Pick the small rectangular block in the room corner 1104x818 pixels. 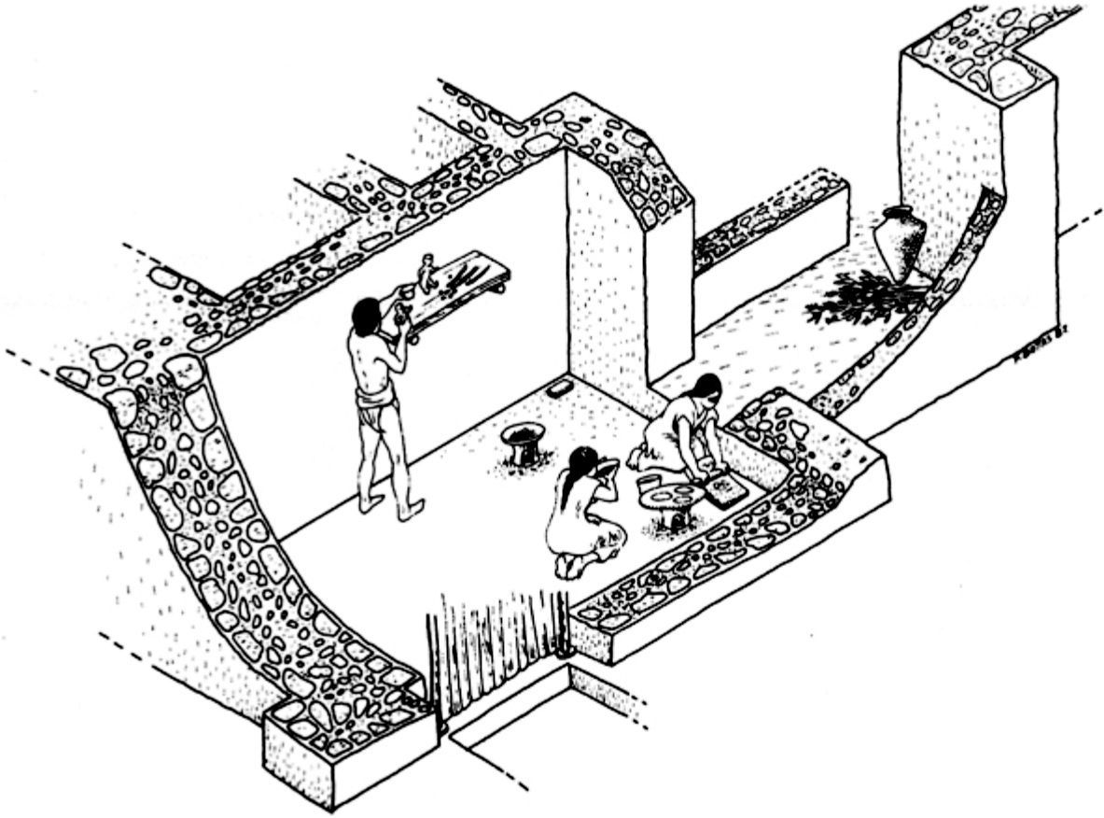561,388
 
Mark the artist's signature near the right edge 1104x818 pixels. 1040,355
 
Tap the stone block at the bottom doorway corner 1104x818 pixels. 349,753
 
